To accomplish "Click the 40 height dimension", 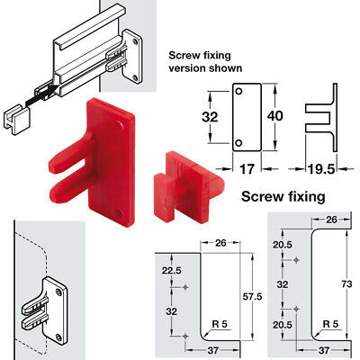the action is point(274,116).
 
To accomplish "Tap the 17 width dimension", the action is point(247,169).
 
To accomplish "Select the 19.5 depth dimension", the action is point(320,169).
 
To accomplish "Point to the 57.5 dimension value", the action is point(252,297).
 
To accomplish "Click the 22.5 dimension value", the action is point(172,270).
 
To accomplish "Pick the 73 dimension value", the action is point(346,283).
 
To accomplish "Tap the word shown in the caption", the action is point(228,68).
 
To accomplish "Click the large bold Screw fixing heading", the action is point(283,197).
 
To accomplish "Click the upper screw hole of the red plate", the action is point(120,125).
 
